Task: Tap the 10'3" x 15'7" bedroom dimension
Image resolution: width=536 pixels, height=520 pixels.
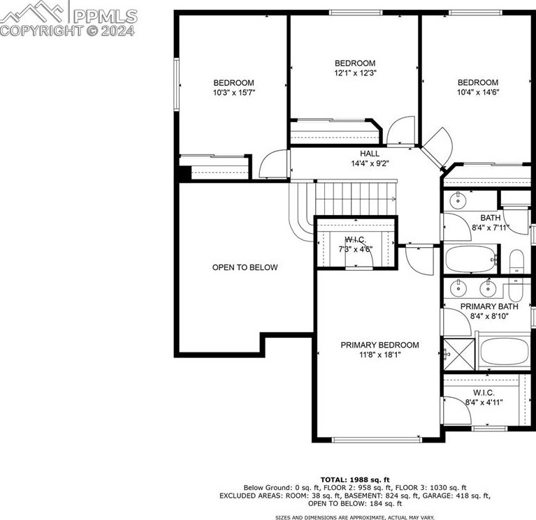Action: click(234, 93)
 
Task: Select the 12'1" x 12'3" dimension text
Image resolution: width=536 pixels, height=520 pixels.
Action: click(355, 73)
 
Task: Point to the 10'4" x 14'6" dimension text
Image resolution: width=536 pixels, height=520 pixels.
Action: click(478, 92)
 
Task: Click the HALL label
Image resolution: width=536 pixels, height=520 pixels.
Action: click(370, 154)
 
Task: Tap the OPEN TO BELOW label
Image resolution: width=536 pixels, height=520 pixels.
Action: click(245, 267)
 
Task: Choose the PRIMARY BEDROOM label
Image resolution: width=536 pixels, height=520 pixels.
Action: click(379, 345)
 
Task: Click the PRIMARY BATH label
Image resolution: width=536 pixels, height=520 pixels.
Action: click(489, 306)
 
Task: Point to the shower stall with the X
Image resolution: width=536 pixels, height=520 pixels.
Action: click(459, 355)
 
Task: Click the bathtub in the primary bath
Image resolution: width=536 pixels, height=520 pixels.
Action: click(505, 351)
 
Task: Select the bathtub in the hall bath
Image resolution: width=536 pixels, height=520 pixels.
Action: click(471, 259)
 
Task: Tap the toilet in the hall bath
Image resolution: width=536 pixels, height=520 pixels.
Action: click(516, 262)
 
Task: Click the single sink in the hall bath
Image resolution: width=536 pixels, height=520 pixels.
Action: click(457, 200)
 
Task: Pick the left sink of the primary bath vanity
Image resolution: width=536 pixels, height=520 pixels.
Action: click(458, 288)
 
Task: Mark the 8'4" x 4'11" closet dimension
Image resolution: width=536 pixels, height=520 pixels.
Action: click(484, 403)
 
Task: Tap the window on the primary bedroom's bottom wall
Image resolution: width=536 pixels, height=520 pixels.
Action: click(377, 440)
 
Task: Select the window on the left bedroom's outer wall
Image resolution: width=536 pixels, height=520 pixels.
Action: click(176, 84)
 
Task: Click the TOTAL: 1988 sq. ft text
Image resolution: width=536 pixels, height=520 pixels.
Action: click(355, 480)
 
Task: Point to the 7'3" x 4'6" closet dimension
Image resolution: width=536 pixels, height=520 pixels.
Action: click(356, 250)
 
